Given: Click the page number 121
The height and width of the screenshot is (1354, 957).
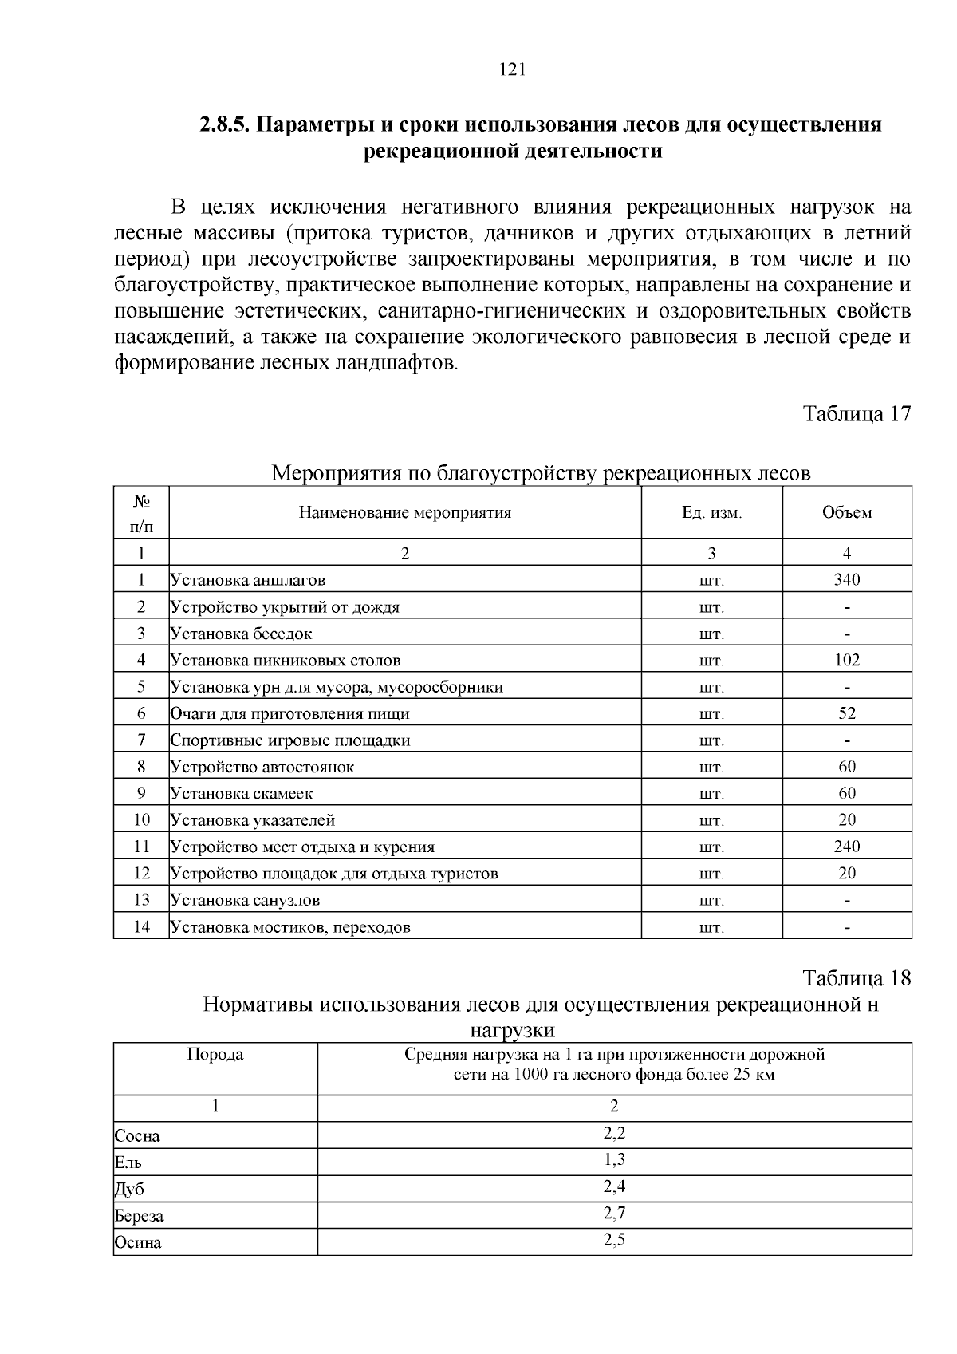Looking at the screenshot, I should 511,69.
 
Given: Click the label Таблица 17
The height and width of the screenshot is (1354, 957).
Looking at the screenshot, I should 856,414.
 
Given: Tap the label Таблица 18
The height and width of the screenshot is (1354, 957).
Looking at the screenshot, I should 856,978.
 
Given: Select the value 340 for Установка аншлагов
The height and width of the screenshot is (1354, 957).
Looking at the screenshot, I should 846,580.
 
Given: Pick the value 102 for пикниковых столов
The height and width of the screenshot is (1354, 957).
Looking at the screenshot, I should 846,660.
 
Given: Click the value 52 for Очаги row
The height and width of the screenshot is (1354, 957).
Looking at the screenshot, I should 846,713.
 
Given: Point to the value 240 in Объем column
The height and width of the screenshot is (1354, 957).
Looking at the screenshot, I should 846,847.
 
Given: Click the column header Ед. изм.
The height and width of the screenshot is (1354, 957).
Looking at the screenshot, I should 711,513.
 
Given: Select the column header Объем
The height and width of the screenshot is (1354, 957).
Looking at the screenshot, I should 846,513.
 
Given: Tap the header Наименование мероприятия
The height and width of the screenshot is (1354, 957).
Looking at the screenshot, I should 405,513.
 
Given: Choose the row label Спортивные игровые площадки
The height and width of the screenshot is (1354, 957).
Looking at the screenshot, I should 290,740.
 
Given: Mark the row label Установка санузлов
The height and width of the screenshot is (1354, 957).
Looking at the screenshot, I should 245,901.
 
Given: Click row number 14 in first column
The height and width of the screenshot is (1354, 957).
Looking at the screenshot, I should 141,927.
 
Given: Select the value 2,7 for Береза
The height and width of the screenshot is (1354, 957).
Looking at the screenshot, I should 614,1214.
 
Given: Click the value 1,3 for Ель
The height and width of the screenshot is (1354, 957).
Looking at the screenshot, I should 614,1160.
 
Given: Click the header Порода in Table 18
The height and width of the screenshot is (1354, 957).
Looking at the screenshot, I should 215,1055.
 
